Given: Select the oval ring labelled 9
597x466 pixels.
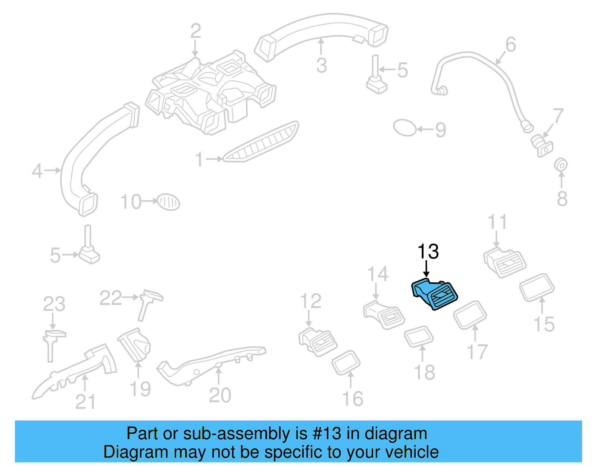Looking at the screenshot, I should (x=404, y=128).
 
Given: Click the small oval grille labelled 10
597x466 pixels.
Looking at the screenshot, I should (x=168, y=202).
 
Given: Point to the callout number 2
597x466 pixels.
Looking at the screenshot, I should (x=196, y=31).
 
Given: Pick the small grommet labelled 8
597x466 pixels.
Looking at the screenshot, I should (x=561, y=165).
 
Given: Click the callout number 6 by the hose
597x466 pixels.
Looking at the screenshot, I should (x=510, y=45).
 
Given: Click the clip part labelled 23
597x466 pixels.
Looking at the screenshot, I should (x=52, y=343).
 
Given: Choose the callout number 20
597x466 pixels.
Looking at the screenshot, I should (x=220, y=395).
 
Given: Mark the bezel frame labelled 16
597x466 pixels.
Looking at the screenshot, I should (x=346, y=362).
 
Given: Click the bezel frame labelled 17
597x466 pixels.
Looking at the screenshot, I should (x=470, y=315).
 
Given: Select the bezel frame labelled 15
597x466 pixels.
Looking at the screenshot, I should (x=537, y=288).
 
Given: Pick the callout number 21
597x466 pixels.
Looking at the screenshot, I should (x=85, y=401).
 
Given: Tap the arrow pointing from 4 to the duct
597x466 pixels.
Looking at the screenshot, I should (x=52, y=171).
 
